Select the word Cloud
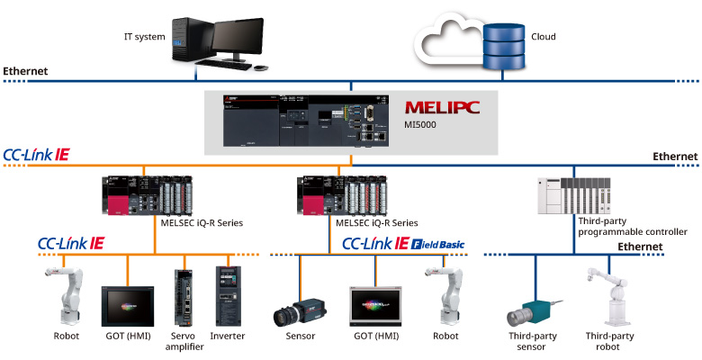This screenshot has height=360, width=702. (544, 37)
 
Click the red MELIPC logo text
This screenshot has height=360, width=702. (442, 108)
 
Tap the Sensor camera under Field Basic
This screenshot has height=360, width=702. (300, 310)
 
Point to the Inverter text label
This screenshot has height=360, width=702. (227, 337)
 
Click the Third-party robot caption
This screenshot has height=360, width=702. (610, 341)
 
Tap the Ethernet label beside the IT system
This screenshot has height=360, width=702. (25, 70)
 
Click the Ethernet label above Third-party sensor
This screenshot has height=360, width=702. (640, 247)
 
